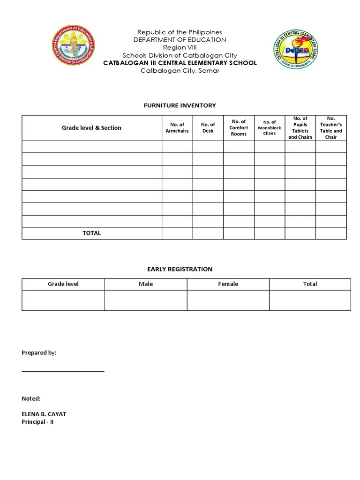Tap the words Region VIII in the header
[x=180, y=47]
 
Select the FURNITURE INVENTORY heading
[x=180, y=105]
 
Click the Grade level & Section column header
[x=91, y=127]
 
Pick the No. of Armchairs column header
[x=177, y=127]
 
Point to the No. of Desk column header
[x=208, y=127]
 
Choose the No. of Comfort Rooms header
[x=239, y=127]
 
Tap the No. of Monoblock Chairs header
[x=270, y=127]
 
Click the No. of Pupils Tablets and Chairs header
[x=300, y=127]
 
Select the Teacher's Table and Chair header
[x=331, y=127]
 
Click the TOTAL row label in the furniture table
[x=91, y=233]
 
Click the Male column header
[x=146, y=284]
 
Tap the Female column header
[x=228, y=284]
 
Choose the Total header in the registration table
[x=310, y=284]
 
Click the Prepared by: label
[x=39, y=353]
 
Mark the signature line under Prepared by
[x=63, y=371]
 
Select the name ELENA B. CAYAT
[x=47, y=414]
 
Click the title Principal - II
[x=37, y=422]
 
